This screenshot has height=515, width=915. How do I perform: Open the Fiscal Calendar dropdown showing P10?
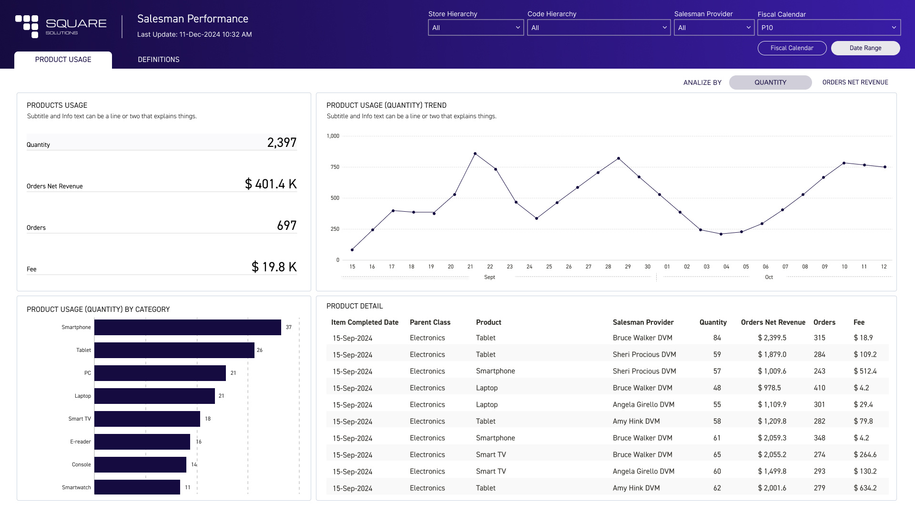828,28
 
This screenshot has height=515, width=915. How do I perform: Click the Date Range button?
865,48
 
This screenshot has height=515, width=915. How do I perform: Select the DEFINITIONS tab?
158,60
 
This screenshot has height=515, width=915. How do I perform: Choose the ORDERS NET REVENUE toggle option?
855,82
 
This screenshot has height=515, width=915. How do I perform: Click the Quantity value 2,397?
282,143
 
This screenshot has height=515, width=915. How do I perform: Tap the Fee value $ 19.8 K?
274,267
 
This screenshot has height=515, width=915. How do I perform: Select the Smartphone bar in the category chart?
187,328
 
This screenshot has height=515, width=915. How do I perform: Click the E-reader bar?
142,442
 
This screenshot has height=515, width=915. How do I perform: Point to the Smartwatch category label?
76,487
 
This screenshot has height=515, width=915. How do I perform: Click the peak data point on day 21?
475,154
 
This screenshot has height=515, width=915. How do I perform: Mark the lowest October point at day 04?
721,234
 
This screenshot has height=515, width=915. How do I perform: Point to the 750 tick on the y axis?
335,167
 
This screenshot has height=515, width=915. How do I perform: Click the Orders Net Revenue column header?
773,322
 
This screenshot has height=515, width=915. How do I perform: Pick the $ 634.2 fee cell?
865,488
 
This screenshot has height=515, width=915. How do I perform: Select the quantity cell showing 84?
717,338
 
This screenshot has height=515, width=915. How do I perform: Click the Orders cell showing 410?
819,388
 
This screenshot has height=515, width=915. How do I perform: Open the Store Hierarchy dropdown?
476,28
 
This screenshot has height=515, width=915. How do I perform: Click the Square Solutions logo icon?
27,26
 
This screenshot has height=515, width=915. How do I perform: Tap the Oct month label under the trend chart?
769,277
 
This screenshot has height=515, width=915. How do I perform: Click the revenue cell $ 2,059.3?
772,438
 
